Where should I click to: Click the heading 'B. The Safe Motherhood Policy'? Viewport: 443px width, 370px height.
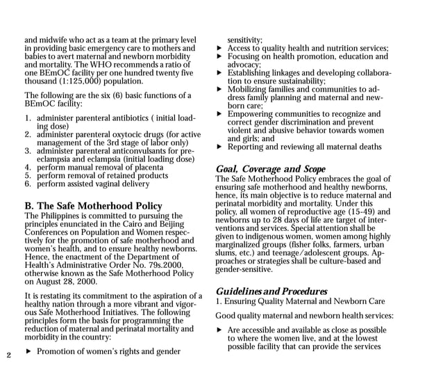[93, 206]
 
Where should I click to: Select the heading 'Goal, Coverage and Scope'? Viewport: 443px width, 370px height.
[270, 169]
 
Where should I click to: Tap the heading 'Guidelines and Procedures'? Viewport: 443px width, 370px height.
[271, 291]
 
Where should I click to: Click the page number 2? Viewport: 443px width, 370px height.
[8, 355]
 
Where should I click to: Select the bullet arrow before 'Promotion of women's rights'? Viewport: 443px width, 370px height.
[28, 351]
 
